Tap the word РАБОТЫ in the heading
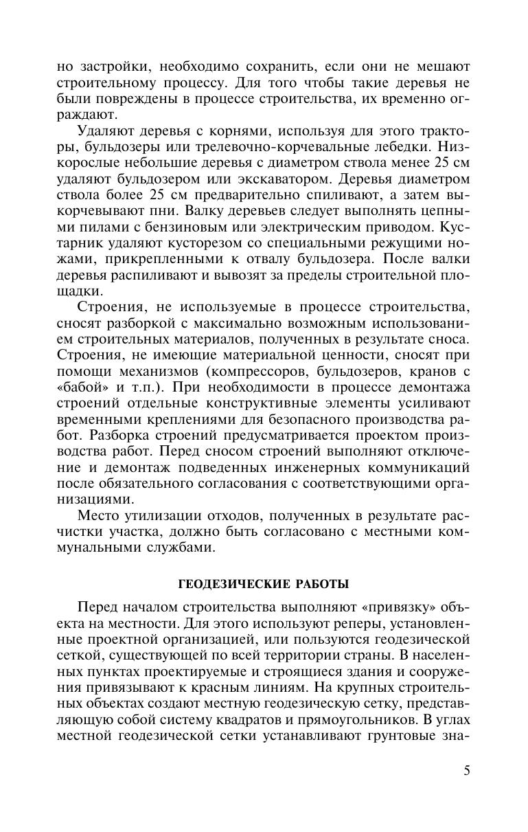319,585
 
